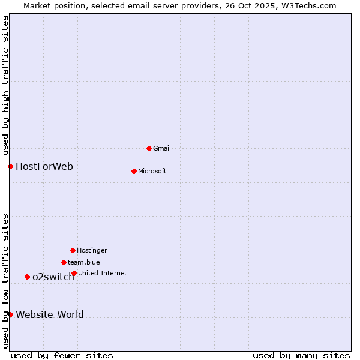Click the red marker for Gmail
pos(149,148)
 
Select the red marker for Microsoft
pos(134,171)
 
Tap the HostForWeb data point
pos(10,166)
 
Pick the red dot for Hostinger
pos(73,250)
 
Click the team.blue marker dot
pos(64,262)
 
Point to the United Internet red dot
pos(74,273)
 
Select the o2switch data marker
pos(27,277)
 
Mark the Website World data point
pos(10,314)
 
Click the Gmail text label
pos(162,148)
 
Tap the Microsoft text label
pos(152,171)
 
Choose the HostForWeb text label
pos(44,166)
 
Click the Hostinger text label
pos(92,250)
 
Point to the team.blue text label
pos(84,262)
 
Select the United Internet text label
pos(103,273)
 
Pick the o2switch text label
pos(53,277)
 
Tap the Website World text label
pos(50,314)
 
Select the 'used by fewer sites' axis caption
pos(62,355)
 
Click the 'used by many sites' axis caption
pos(301,355)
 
